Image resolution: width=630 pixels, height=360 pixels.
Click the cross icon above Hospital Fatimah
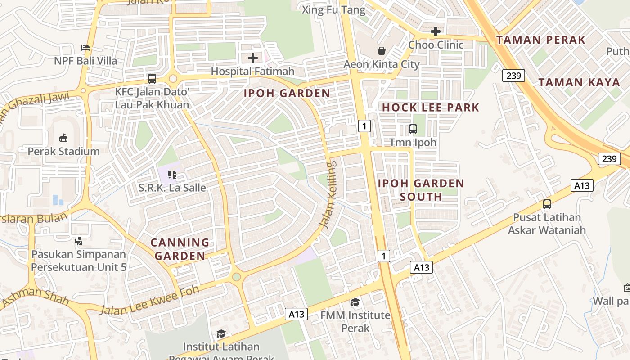pos(253,58)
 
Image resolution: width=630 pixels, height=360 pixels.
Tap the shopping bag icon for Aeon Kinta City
pos(382,50)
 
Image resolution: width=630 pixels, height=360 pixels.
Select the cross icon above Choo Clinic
pos(435,31)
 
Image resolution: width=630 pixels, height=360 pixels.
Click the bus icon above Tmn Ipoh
pos(413,129)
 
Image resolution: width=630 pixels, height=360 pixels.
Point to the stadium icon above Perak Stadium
pos(63,138)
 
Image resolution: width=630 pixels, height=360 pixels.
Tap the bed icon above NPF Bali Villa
pos(85,47)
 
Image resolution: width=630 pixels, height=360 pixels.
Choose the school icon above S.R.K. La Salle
pos(172,174)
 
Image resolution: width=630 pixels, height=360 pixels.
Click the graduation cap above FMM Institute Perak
pos(355,302)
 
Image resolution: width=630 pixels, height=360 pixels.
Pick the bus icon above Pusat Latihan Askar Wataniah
pos(547,204)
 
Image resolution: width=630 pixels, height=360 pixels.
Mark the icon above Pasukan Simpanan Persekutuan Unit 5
pos(79,241)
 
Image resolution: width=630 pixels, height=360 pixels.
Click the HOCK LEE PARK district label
pos(431,108)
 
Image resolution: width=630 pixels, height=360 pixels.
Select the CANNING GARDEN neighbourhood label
pos(180,249)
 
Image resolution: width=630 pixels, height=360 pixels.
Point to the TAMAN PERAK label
pos(540,40)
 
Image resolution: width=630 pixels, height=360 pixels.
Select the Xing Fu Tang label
pos(327,10)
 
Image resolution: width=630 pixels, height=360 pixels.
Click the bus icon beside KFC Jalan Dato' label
pos(152,79)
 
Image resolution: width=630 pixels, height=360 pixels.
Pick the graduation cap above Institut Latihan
pos(220,333)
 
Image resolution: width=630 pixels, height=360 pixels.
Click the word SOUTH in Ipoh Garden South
pos(421,197)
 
